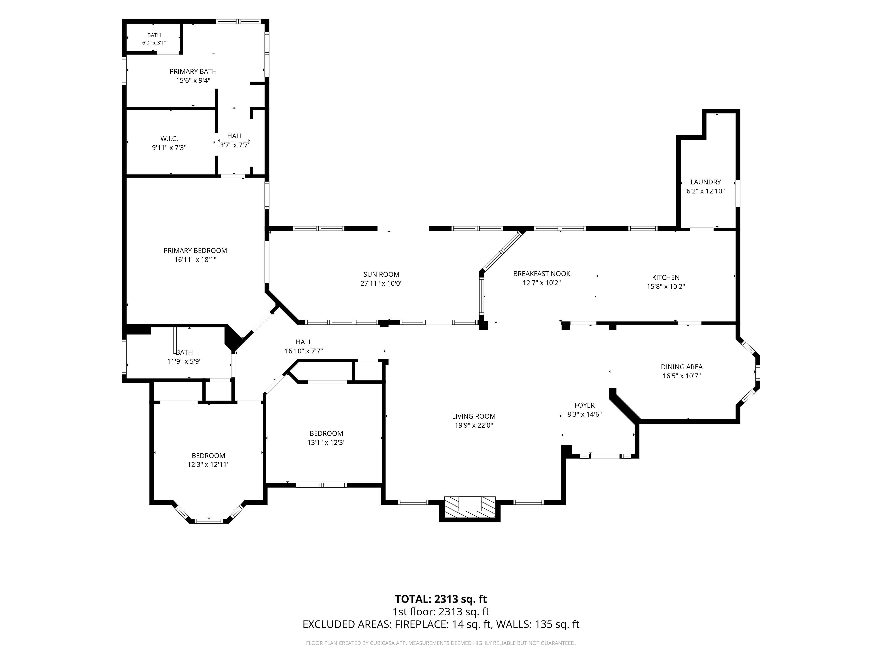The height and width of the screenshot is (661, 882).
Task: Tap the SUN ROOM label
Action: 381,274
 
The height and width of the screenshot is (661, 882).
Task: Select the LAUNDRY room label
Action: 706,182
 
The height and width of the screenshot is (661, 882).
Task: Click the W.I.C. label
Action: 169,139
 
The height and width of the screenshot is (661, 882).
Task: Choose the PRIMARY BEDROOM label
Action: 195,251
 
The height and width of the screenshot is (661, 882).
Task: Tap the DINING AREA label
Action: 682,367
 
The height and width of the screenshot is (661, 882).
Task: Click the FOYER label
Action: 585,405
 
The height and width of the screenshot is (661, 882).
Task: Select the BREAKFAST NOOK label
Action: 542,274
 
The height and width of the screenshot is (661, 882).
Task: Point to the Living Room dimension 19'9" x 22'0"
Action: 474,425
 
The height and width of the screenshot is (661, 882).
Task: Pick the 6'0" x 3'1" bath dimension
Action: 154,43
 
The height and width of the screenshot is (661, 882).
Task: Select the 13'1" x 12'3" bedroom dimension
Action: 326,442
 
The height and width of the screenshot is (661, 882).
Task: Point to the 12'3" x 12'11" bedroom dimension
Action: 209,464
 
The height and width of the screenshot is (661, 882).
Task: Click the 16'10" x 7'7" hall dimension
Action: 304,351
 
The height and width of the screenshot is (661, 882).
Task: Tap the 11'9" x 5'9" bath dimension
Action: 184,361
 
